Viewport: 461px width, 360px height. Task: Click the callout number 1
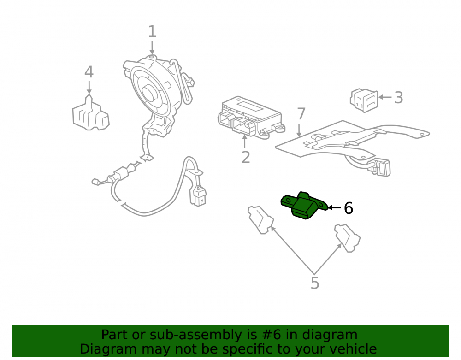click(x=152, y=31)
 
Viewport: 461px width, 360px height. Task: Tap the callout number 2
click(x=246, y=157)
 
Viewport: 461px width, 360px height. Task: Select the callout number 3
click(x=398, y=97)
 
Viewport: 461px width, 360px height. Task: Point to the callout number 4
click(x=89, y=72)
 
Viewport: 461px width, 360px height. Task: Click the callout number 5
click(x=314, y=283)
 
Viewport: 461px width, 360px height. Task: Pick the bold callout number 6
click(x=349, y=208)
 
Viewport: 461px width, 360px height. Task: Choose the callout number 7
click(x=301, y=114)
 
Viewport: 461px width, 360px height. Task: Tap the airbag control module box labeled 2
click(x=251, y=118)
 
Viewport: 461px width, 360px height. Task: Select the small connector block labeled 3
click(x=364, y=100)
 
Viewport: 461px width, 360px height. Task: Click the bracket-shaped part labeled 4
click(x=91, y=112)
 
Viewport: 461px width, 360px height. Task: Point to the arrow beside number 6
click(x=334, y=208)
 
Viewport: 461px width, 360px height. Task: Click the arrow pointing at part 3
click(x=385, y=97)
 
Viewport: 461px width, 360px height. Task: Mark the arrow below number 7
click(x=299, y=130)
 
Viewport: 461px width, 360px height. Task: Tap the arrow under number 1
click(x=152, y=47)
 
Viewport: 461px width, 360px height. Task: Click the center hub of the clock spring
click(x=150, y=93)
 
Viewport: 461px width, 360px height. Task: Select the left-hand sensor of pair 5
click(x=260, y=219)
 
